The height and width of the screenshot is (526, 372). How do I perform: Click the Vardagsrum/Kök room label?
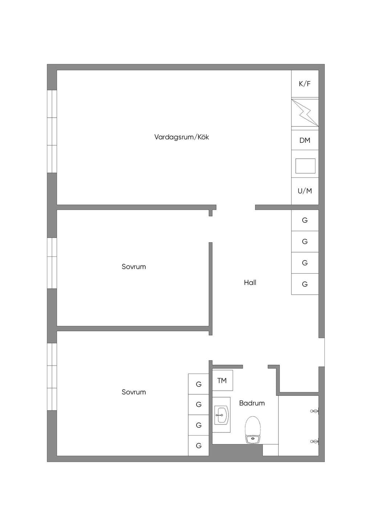coord(182,137)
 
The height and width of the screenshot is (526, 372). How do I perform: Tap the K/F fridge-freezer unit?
coord(305,84)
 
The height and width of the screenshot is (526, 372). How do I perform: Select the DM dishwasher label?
coord(305,141)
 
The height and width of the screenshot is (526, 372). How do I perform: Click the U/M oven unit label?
coord(305,191)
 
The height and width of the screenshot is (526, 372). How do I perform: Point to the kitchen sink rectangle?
coord(305,166)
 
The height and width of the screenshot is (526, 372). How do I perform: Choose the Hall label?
coord(250,283)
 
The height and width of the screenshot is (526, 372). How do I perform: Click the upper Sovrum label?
coord(134,267)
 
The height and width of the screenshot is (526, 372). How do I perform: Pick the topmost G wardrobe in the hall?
coord(305,220)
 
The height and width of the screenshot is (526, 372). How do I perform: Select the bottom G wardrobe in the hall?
coord(305,284)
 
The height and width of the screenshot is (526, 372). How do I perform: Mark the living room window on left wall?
coord(52,131)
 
